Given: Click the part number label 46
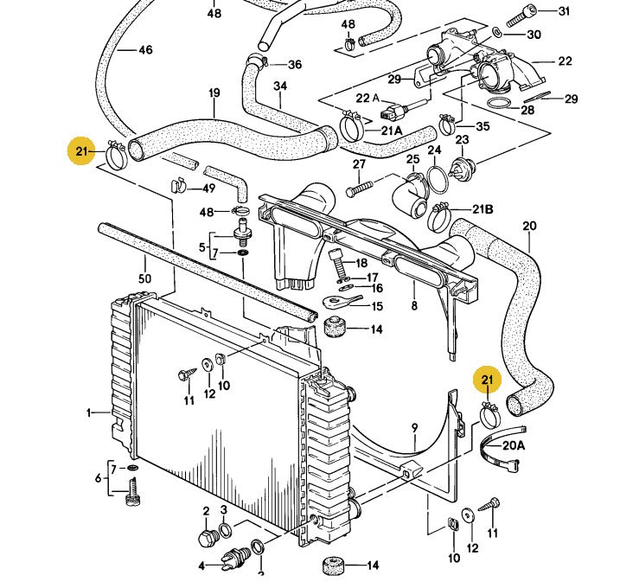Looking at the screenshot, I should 144,50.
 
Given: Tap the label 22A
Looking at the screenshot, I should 363,97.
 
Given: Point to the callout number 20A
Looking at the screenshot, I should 514,445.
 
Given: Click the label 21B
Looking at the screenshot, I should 483,210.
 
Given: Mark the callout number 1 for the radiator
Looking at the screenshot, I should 88,413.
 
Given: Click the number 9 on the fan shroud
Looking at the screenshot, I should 414,426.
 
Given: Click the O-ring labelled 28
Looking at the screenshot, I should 499,103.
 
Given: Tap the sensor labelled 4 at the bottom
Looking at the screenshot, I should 233,560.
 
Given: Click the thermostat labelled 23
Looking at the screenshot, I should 463,164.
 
